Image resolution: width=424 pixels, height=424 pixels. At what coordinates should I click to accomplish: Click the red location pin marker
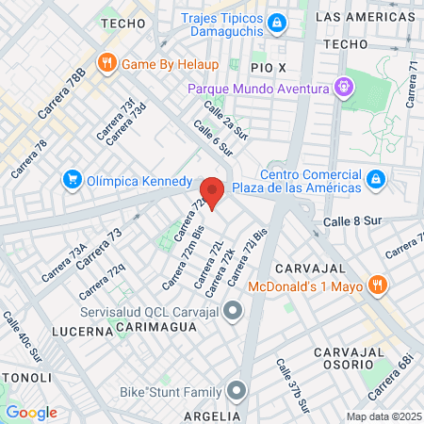pos(213,191)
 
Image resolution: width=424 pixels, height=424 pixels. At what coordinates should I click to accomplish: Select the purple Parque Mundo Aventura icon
pos(345,89)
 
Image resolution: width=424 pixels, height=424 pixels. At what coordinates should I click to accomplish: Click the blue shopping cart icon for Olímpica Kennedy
pos(71,179)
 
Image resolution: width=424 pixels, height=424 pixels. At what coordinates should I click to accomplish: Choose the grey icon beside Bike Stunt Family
pos(235,390)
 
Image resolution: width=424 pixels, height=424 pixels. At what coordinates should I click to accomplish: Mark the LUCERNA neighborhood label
pos(82,332)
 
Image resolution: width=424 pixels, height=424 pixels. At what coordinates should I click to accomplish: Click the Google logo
pos(31,412)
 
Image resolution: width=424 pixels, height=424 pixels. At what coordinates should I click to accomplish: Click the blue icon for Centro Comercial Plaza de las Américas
pos(375,178)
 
